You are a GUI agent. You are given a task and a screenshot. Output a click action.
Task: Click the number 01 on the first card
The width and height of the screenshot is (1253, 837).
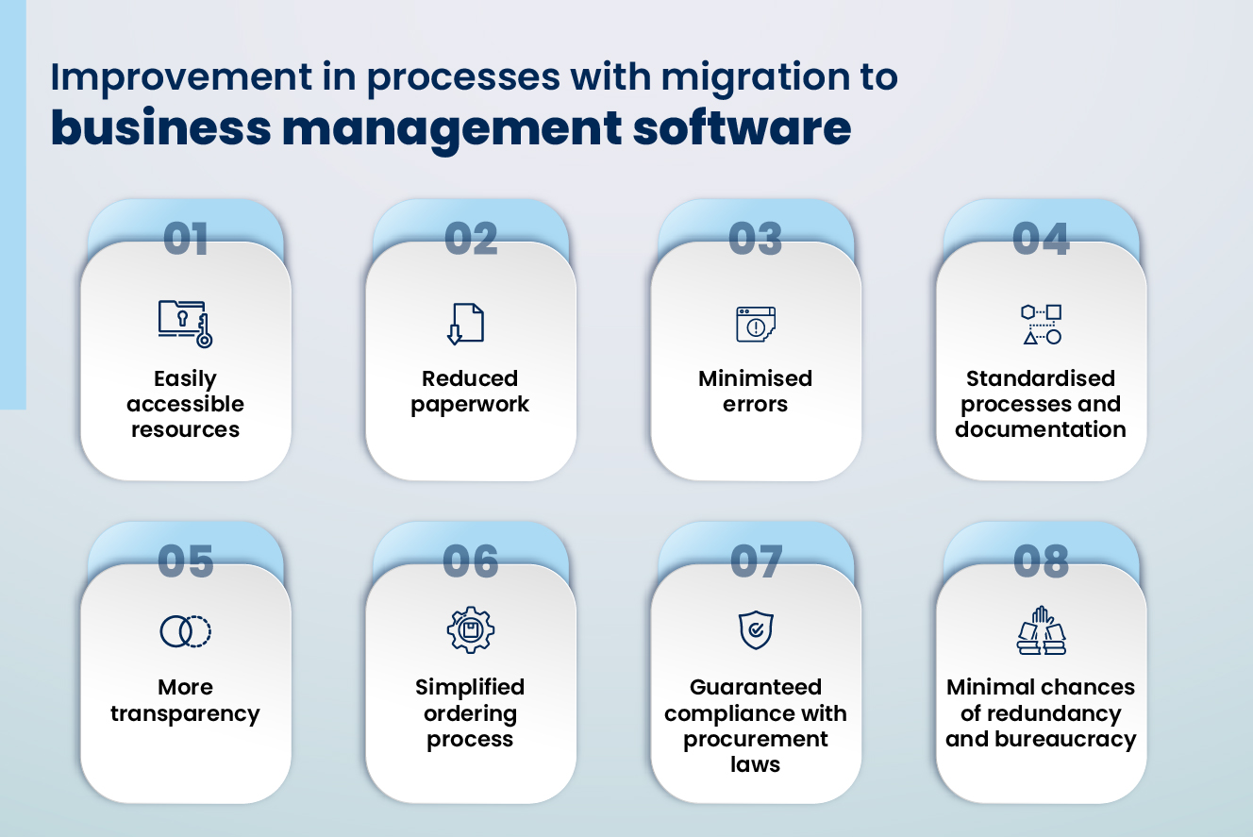pyautogui.click(x=186, y=239)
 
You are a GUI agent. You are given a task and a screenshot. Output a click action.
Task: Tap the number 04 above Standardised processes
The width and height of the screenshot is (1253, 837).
pyautogui.click(x=1041, y=239)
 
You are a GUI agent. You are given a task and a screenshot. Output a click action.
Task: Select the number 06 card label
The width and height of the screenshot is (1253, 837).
pyautogui.click(x=471, y=561)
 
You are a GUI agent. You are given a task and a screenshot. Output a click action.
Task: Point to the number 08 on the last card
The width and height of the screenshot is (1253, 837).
pyautogui.click(x=1041, y=561)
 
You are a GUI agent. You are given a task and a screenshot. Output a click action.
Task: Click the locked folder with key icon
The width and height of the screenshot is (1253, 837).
pyautogui.click(x=185, y=324)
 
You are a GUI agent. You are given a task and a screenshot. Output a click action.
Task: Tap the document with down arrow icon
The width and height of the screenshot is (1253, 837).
pyautogui.click(x=465, y=324)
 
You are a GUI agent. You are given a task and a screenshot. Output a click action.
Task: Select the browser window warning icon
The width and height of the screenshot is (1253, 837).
pyautogui.click(x=756, y=324)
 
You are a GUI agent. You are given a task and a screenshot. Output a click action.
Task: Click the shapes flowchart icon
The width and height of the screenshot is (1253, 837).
pyautogui.click(x=1041, y=324)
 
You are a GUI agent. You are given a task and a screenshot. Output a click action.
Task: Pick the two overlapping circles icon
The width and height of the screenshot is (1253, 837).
pyautogui.click(x=185, y=631)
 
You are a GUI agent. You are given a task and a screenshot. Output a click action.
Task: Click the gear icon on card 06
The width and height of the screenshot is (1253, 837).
pyautogui.click(x=471, y=630)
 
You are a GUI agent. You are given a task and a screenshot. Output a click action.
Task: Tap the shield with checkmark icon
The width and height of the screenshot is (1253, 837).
pyautogui.click(x=756, y=630)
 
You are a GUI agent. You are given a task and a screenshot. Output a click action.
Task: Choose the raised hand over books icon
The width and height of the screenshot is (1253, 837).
pyautogui.click(x=1041, y=630)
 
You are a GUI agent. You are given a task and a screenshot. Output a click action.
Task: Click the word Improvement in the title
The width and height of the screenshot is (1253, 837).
pyautogui.click(x=181, y=76)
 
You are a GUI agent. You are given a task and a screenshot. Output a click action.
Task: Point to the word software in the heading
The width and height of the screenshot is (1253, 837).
pyautogui.click(x=742, y=128)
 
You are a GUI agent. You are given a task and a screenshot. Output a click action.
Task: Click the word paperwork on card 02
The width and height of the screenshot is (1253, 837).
pyautogui.click(x=470, y=405)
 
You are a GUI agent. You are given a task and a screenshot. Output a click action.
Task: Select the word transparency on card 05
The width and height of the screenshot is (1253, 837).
pyautogui.click(x=185, y=714)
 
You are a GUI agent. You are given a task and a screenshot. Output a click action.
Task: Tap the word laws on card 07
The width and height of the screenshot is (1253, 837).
pyautogui.click(x=755, y=764)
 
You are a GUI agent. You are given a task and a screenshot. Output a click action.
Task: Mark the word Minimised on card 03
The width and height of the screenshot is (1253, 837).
pyautogui.click(x=755, y=378)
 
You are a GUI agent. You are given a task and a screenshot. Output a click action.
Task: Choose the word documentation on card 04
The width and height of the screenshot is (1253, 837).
pyautogui.click(x=1041, y=429)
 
